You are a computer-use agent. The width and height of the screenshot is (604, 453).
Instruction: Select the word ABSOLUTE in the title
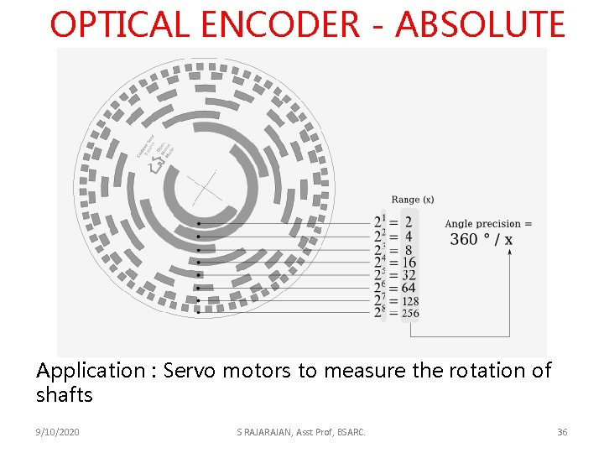pos(480,25)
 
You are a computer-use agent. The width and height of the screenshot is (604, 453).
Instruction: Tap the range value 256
pos(410,314)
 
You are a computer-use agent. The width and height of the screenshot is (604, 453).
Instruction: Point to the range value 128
pos(410,301)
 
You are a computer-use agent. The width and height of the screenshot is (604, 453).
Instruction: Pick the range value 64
pos(409,289)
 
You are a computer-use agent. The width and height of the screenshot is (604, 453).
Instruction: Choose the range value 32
pos(409,275)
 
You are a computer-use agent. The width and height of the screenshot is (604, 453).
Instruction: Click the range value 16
pos(409,263)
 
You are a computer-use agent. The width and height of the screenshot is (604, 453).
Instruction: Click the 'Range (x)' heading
pos(412,200)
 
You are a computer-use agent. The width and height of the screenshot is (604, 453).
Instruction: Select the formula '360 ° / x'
pos(482,240)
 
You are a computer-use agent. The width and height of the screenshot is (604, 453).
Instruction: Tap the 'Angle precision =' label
pos(488,224)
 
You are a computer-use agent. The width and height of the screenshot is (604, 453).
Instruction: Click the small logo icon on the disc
pos(154,166)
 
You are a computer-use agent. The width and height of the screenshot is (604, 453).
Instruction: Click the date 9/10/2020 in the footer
pos(59,432)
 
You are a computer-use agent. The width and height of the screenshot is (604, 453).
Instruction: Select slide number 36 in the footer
pos(562,432)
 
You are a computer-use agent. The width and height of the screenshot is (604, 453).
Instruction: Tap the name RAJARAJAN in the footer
pos(268,432)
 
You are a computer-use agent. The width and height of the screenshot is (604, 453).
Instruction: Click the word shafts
pos(65,394)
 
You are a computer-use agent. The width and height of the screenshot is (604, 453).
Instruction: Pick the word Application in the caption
pos(90,371)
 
